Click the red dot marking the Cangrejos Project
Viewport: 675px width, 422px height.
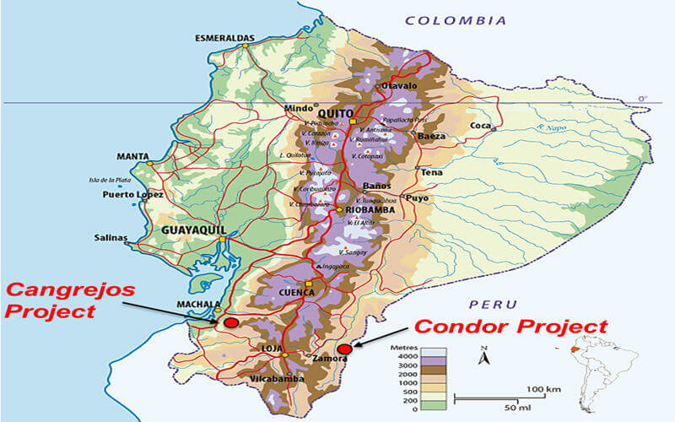coord(231,322)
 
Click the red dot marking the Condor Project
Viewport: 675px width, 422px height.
coord(343,349)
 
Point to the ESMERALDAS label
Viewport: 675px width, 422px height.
coord(225,39)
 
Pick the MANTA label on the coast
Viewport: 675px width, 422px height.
coord(133,156)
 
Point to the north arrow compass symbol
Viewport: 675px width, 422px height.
coord(483,355)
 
